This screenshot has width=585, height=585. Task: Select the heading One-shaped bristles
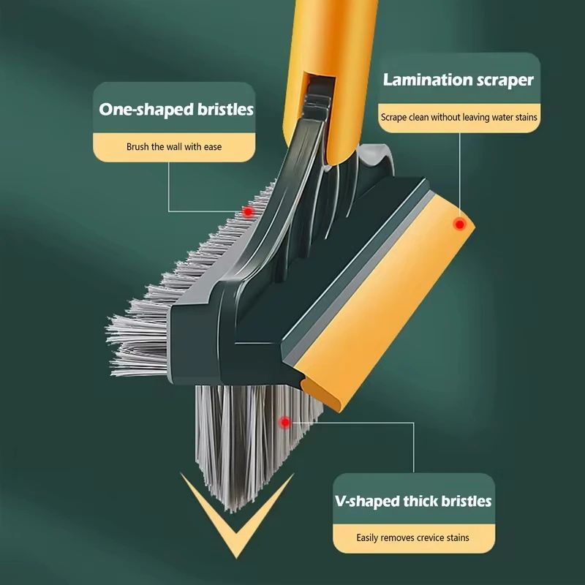[x=176, y=110]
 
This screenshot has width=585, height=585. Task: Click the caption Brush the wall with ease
[x=174, y=147]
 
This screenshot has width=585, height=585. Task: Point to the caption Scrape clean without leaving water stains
[x=458, y=117]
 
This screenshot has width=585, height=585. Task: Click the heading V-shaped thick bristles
[x=413, y=501]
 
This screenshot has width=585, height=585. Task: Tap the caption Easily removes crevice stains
[x=413, y=538]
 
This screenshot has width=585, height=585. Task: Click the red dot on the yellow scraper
[x=459, y=224]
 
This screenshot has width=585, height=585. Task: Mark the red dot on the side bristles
[x=248, y=212]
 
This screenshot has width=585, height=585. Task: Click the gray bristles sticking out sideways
[x=139, y=322]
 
